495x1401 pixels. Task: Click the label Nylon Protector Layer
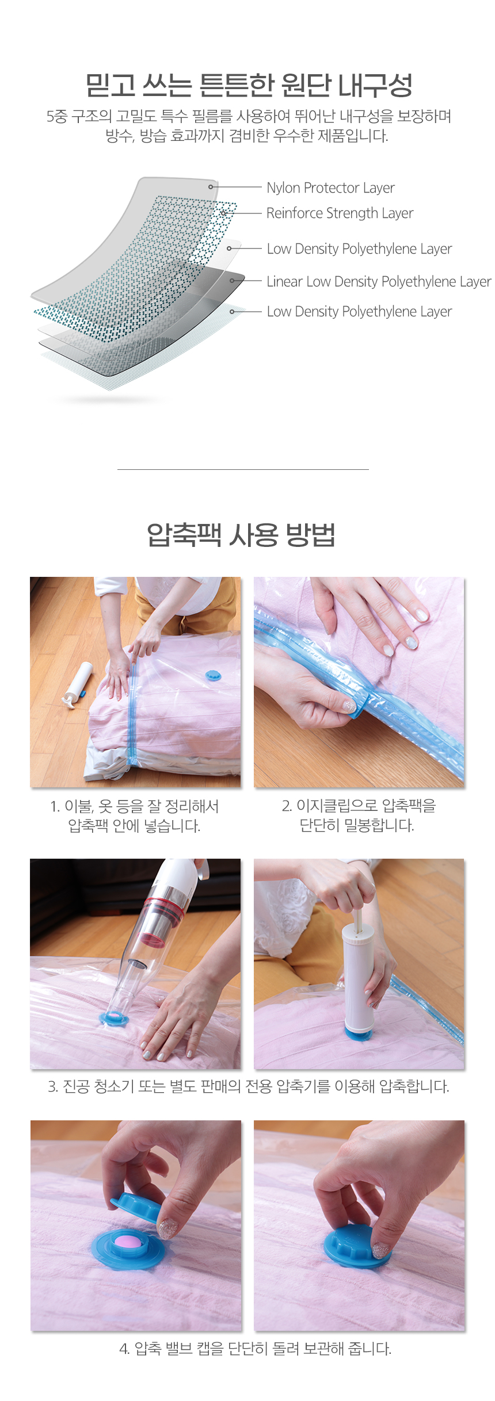330,188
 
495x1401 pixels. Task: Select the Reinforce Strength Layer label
340,213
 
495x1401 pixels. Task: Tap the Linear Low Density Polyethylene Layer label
379,282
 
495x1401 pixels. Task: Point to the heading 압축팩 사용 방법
241,535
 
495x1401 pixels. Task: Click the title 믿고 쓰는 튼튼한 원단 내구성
249,85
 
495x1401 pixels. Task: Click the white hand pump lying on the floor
77,684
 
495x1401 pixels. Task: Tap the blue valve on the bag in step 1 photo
214,675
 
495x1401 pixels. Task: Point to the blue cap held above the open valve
135,1206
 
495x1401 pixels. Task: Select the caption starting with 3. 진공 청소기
249,1086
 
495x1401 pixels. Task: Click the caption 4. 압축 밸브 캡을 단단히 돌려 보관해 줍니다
256,1349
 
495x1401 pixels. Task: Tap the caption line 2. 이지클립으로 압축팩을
359,806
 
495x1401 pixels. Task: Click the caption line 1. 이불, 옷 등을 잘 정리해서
135,806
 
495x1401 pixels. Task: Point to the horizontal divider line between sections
243,469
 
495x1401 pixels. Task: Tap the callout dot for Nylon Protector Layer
211,187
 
